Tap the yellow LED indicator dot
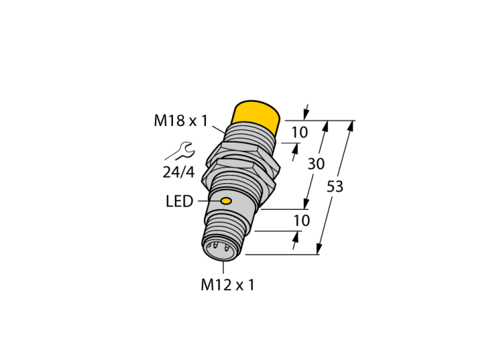(227, 201)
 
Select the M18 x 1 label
(181, 120)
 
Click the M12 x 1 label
(227, 285)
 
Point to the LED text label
(180, 202)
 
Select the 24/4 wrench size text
(178, 172)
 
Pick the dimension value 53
(335, 187)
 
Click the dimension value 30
(316, 164)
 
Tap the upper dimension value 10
(300, 132)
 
